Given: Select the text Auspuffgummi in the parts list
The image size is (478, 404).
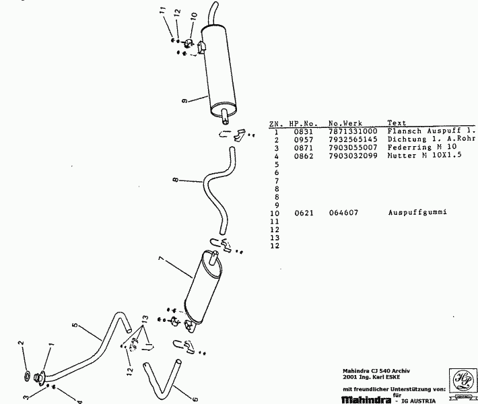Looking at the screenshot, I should point(417,213).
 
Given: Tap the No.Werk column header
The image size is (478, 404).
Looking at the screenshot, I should point(345,123).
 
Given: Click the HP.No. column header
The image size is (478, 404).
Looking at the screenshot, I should point(302,123).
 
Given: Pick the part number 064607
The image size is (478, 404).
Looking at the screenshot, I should point(343,213).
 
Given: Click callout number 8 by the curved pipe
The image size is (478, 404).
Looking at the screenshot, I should point(174,180).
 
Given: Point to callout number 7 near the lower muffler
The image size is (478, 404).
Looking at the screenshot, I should point(161,259).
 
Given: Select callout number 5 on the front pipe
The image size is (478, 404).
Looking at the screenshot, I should point(76,327).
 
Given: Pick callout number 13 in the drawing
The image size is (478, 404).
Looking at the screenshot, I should point(144,318).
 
